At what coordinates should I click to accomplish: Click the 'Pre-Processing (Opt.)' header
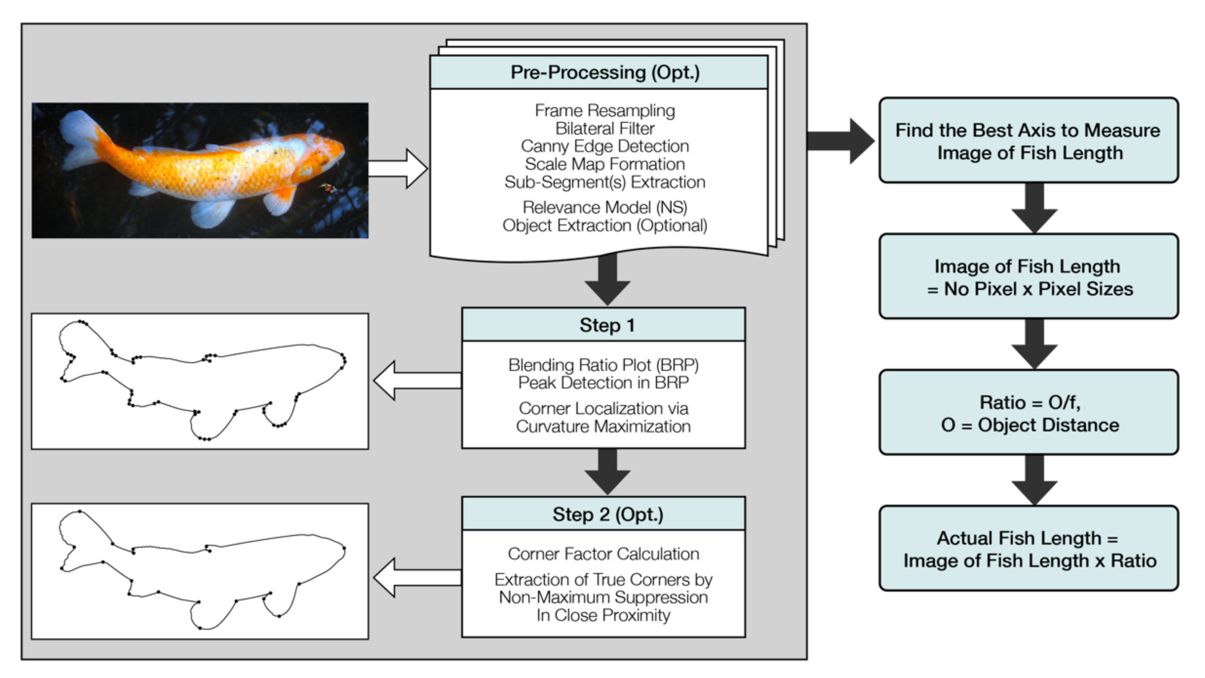604,73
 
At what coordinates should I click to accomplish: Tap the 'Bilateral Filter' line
604,129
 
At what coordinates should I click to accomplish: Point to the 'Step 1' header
607,325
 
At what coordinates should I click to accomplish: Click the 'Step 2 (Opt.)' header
608,514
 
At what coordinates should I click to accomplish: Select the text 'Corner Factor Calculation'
603,554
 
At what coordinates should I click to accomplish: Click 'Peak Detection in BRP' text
603,383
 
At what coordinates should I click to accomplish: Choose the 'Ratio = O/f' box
1028,413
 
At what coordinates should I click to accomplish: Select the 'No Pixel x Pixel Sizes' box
1028,277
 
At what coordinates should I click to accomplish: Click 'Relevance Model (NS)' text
604,207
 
